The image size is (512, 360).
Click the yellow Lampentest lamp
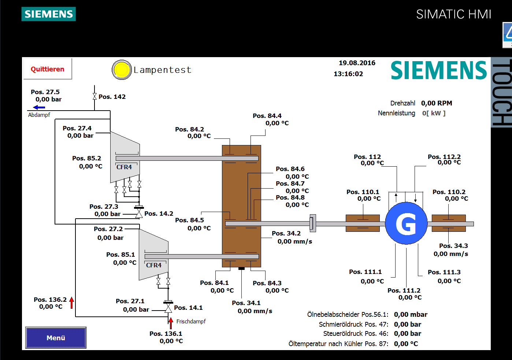coord(122,70)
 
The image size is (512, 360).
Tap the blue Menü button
coord(56,338)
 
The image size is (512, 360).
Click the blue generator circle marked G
coord(406,223)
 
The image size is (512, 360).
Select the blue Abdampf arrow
coord(39,107)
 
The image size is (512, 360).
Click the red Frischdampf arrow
coord(171,323)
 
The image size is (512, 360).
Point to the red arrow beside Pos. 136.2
coord(72,303)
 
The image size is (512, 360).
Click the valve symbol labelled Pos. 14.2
coord(139,213)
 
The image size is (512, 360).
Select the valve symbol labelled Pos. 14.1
coord(168,308)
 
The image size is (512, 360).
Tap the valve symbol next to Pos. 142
coord(94,97)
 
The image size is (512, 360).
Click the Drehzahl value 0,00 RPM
coord(437,103)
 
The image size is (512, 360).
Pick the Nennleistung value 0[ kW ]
coord(434,113)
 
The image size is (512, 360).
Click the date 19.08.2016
coord(357,63)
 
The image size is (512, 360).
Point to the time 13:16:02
coord(348,74)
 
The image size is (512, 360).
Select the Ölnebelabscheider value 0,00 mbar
coord(411,315)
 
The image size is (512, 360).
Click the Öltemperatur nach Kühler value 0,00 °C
coord(406,344)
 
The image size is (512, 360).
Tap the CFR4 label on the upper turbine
coord(124,167)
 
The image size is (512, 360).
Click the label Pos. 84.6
coord(290,169)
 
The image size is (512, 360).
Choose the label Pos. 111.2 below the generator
coord(404,290)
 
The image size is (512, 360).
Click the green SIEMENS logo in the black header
coord(49,14)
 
